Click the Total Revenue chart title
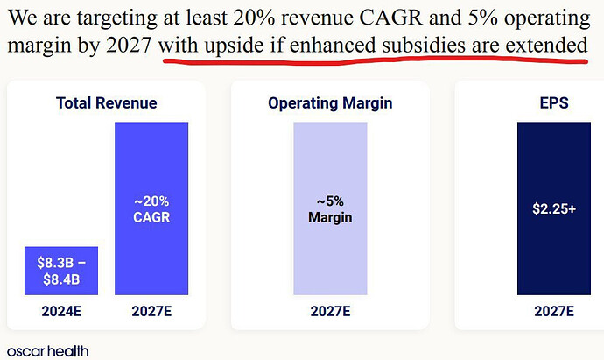click(106, 103)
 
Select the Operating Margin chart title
click(330, 103)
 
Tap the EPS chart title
click(554, 103)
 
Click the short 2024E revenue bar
click(61, 271)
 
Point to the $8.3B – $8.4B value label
click(61, 270)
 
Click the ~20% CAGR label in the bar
click(151, 209)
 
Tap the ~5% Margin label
click(330, 209)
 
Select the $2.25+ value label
click(554, 209)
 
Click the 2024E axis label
click(61, 311)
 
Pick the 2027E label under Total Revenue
click(151, 311)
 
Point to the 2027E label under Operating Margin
click(330, 311)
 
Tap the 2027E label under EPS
click(554, 311)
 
